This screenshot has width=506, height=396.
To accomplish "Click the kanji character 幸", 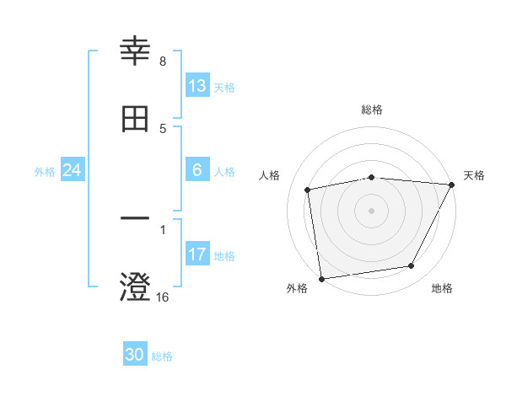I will [x=136, y=52].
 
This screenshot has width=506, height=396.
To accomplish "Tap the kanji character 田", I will [x=136, y=119].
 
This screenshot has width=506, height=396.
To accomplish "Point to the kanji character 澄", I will [x=136, y=286].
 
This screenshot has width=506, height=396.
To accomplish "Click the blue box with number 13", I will [x=197, y=86].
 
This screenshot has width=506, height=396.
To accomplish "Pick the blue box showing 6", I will [x=197, y=170].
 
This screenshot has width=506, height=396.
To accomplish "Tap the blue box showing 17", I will [x=197, y=254].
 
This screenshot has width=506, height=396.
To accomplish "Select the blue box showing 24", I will [x=72, y=170].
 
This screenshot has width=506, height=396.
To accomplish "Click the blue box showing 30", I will [x=135, y=356].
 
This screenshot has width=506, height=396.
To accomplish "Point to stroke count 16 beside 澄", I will [x=163, y=297].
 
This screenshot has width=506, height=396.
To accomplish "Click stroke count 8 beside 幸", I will [x=163, y=62].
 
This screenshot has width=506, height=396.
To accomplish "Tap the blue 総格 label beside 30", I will [x=162, y=356].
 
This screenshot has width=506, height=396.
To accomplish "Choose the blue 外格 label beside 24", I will [x=45, y=171].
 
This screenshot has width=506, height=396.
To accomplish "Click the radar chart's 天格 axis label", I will [x=474, y=175].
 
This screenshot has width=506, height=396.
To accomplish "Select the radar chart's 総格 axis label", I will [x=372, y=110].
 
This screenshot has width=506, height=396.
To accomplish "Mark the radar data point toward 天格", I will [x=452, y=185].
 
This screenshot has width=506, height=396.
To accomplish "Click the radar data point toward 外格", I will [x=321, y=278].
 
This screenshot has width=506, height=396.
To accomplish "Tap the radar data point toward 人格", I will [x=308, y=190].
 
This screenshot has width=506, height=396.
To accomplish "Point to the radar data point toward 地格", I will [x=412, y=266].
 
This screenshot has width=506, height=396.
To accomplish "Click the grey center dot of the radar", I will [x=372, y=210].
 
